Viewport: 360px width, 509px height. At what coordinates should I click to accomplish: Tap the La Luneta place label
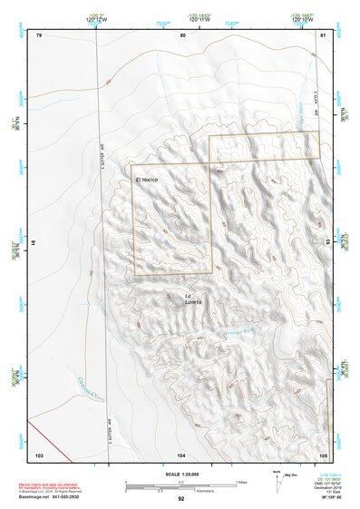coord(192,299)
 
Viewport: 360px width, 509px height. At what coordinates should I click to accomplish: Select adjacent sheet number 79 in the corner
coord(39,34)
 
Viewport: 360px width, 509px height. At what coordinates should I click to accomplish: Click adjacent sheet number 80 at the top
coord(182,34)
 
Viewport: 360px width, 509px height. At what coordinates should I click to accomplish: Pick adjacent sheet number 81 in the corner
coord(323,34)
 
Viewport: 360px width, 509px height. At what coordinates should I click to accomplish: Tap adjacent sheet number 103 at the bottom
coord(39,454)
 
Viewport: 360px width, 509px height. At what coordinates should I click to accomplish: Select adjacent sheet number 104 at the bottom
coord(181,454)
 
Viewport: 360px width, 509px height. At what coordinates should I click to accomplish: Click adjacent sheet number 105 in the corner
coord(322,454)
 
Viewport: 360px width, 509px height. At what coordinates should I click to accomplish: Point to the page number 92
coord(180,499)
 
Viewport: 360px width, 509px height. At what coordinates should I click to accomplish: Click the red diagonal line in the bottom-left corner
coord(44,434)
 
